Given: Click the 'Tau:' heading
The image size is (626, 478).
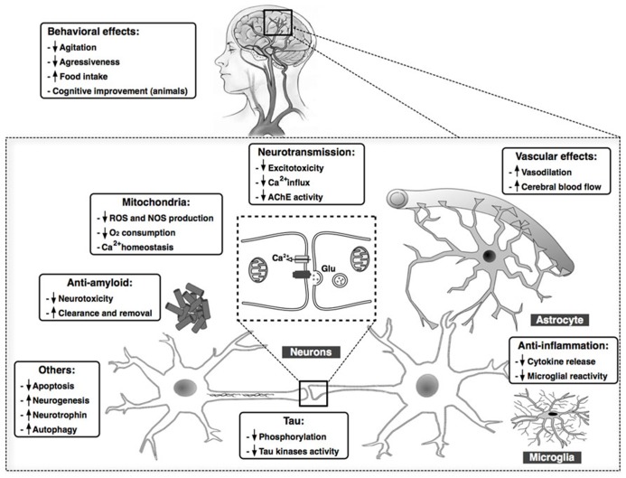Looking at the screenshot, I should (x=272, y=420).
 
